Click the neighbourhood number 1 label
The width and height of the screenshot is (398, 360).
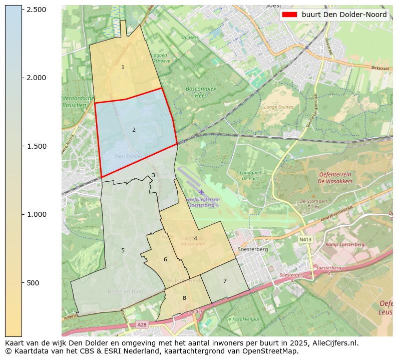[x=123, y=67]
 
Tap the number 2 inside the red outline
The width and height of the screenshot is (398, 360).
[x=134, y=130]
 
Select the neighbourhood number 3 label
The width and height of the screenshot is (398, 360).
[x=153, y=175]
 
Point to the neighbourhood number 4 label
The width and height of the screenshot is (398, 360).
[x=195, y=238]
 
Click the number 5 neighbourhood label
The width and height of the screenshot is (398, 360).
[x=123, y=250]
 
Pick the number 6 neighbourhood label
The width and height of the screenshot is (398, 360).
[x=165, y=259]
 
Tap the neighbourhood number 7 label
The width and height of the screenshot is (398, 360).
[x=225, y=281]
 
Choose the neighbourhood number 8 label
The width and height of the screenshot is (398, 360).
[x=184, y=298]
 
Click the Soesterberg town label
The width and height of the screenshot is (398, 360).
[x=253, y=249]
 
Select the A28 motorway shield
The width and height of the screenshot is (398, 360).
[x=142, y=325]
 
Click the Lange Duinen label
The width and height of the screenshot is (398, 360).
[x=279, y=107]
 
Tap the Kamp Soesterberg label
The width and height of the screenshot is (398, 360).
[x=345, y=244]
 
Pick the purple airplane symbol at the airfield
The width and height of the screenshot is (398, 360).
[x=201, y=192]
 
